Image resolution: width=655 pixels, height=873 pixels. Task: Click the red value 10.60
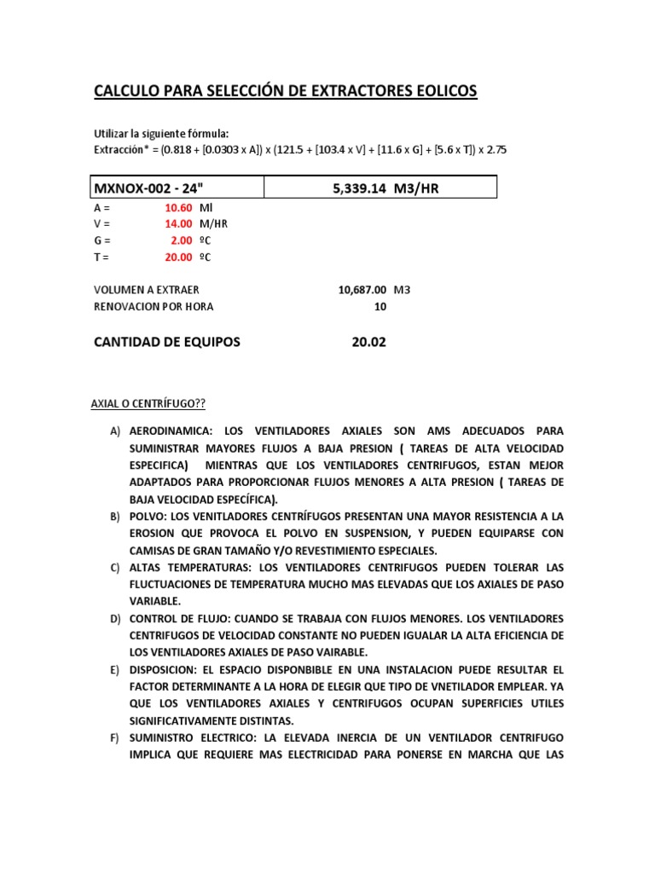(178, 208)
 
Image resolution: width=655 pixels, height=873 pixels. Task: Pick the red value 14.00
(178, 224)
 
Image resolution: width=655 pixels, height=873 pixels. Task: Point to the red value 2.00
(181, 240)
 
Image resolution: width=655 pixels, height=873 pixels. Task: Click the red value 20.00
(178, 257)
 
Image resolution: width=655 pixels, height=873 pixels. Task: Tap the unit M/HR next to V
(213, 224)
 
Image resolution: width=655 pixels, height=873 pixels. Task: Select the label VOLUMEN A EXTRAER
(146, 290)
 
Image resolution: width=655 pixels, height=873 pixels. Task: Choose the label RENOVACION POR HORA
(154, 306)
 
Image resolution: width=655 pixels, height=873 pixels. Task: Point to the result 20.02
(368, 342)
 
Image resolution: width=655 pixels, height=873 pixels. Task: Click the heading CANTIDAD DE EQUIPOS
(166, 342)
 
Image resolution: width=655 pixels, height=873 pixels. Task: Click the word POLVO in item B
(145, 517)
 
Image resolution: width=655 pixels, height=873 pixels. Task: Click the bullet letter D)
(114, 618)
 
